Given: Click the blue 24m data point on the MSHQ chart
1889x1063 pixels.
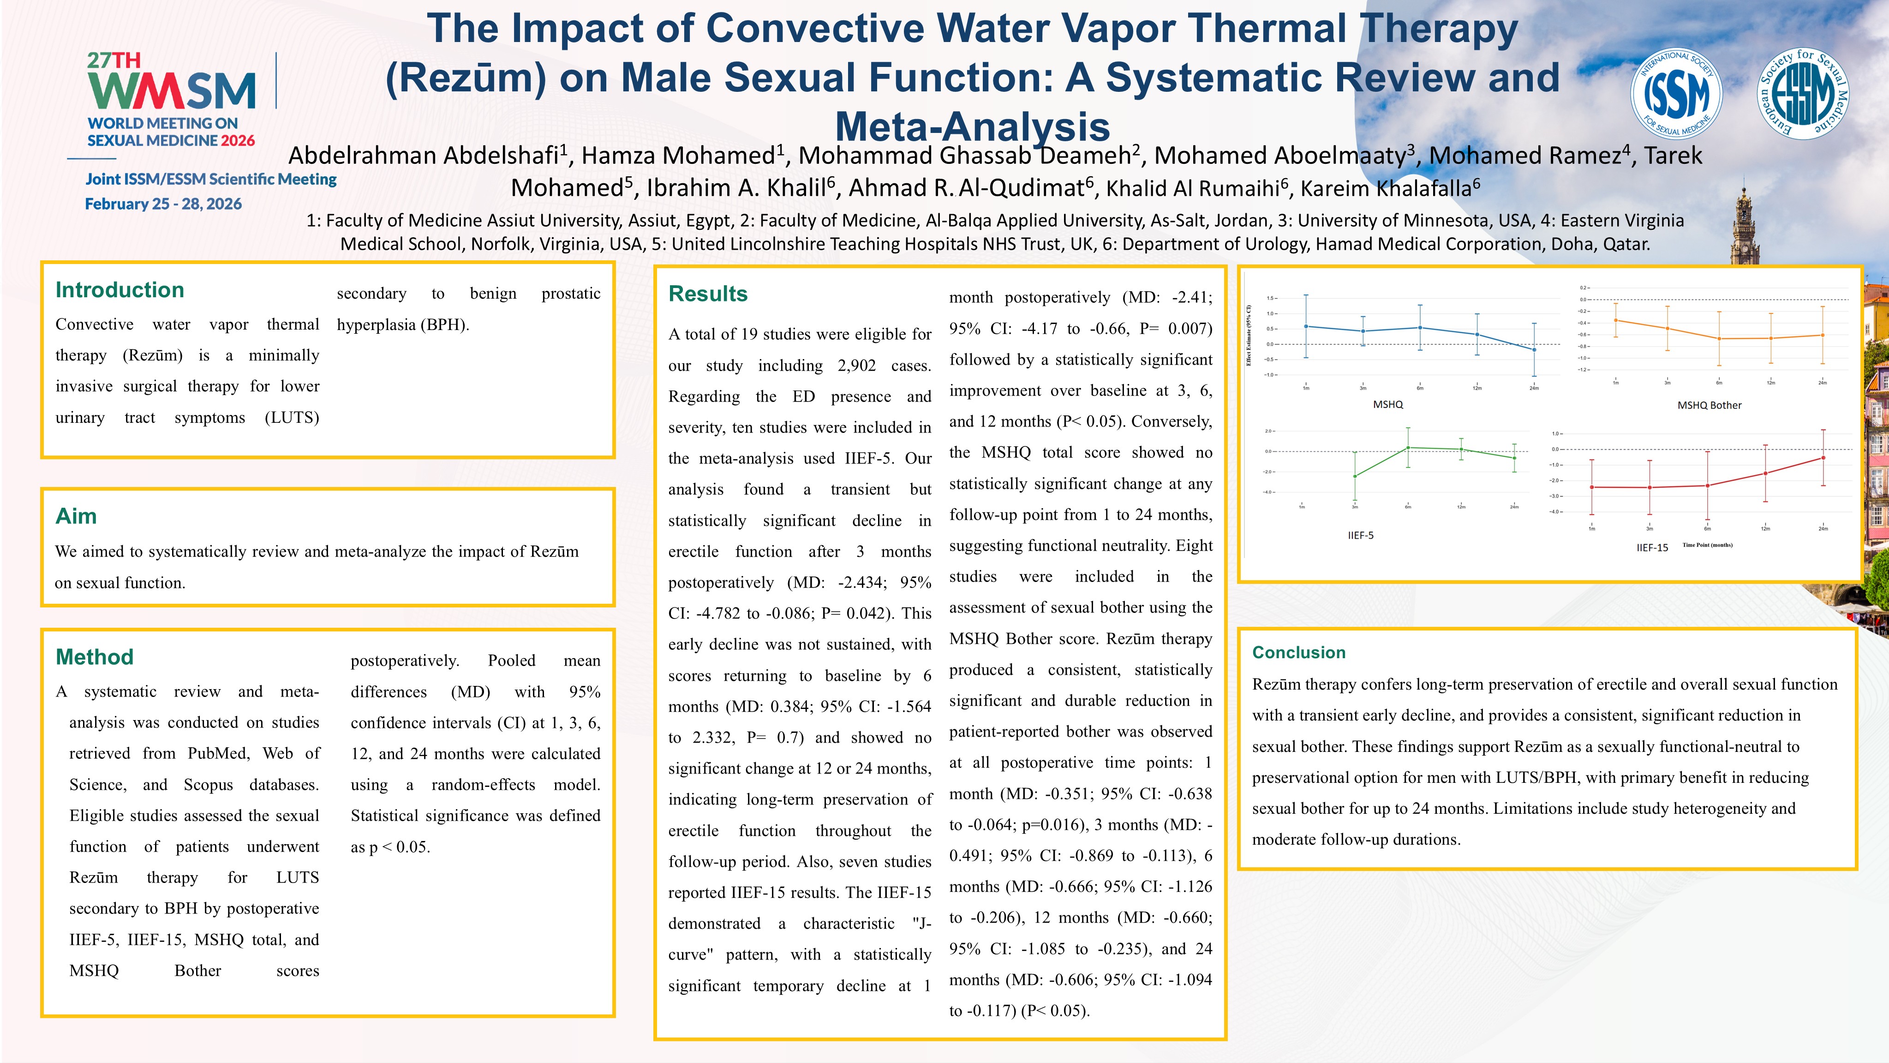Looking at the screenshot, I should [x=1534, y=350].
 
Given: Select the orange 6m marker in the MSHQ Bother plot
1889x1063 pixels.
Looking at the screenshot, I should [x=1719, y=339].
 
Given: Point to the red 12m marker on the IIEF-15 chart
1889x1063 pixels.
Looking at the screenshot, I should [x=1765, y=473].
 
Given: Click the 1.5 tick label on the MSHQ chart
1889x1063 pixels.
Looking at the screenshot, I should [x=1271, y=299].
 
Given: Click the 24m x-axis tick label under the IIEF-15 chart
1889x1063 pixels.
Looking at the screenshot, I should [x=1823, y=528].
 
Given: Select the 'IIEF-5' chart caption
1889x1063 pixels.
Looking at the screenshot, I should [x=1360, y=535].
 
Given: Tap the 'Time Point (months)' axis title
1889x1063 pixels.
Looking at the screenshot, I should [x=1707, y=545].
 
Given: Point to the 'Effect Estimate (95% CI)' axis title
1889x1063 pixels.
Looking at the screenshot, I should [x=1249, y=335].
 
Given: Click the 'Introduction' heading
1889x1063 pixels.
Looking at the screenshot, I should [x=120, y=290].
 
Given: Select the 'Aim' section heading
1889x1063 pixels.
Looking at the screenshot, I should [x=76, y=516].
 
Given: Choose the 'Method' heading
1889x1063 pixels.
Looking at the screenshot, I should [x=95, y=656].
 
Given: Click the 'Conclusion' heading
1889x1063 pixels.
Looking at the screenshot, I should [x=1299, y=652].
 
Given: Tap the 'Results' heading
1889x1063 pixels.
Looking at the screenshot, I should [x=708, y=294].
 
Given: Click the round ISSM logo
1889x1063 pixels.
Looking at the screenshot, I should [x=1676, y=94].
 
